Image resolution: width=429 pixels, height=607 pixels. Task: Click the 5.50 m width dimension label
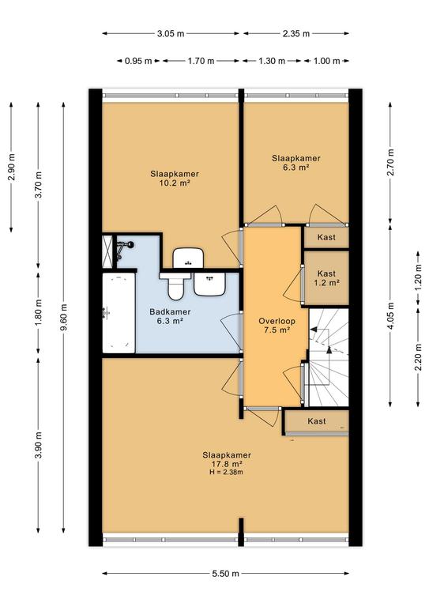click(225, 573)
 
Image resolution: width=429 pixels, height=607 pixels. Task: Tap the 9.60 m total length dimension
click(64, 317)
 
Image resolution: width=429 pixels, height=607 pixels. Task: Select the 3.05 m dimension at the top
click(171, 34)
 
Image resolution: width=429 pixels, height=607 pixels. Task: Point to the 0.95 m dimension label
click(138, 61)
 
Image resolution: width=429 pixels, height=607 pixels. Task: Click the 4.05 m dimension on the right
click(390, 316)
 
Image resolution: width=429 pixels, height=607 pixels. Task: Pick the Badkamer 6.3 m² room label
click(170, 316)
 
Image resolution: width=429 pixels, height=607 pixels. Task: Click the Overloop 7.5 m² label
click(277, 325)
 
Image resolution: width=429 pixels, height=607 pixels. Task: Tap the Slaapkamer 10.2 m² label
click(175, 179)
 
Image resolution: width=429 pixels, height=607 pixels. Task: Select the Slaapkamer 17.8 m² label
click(227, 459)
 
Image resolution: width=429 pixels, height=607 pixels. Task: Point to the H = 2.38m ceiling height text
click(227, 472)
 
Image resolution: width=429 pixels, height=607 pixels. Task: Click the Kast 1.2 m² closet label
click(326, 278)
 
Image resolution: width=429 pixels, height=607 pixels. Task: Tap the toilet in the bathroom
click(175, 285)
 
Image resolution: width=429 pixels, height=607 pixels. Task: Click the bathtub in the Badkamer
click(119, 313)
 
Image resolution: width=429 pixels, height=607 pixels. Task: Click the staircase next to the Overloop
click(328, 357)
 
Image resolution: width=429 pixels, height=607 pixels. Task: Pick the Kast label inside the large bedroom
click(317, 420)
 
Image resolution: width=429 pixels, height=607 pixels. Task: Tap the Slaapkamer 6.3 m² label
click(296, 163)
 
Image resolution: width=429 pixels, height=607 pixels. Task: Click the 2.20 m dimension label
click(418, 357)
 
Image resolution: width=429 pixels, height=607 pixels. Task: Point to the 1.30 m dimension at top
click(272, 61)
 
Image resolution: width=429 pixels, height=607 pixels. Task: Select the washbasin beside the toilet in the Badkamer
click(209, 285)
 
